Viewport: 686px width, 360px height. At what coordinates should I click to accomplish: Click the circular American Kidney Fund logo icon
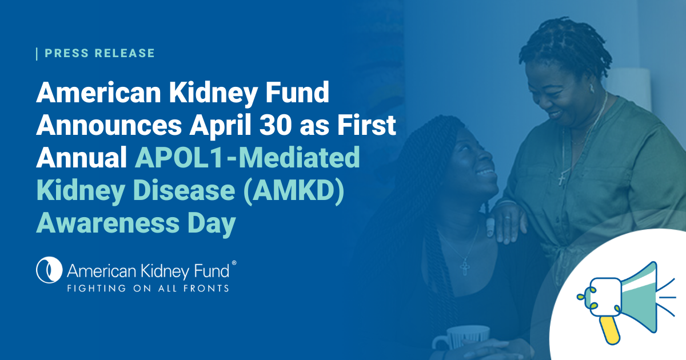[x=49, y=269]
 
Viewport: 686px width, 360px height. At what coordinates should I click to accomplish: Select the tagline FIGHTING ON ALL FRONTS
[x=148, y=287]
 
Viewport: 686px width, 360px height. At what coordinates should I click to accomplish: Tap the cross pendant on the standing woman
[x=561, y=179]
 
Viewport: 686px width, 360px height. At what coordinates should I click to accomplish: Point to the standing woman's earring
[x=592, y=89]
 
